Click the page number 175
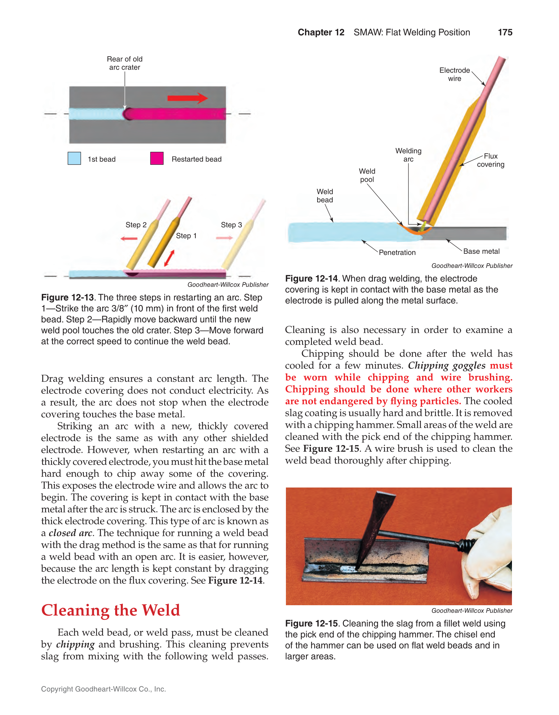coord(505,32)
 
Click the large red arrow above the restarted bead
coord(187,98)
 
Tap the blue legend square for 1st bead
coord(74,158)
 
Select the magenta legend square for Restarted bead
coord(157,158)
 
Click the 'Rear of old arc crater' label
coord(125,63)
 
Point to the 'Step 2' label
coord(136,225)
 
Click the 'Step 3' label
coord(231,225)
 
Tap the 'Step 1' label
coord(186,236)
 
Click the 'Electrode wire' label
coord(454,74)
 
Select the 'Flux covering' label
coord(490,160)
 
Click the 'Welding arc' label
coord(408,155)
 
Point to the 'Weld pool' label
coord(367,175)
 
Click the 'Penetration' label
coord(397,252)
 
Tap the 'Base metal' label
coord(481,251)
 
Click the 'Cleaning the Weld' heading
coord(111,610)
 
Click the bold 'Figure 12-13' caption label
coord(67,298)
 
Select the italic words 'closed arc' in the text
coord(70,533)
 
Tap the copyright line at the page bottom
coord(103,689)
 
